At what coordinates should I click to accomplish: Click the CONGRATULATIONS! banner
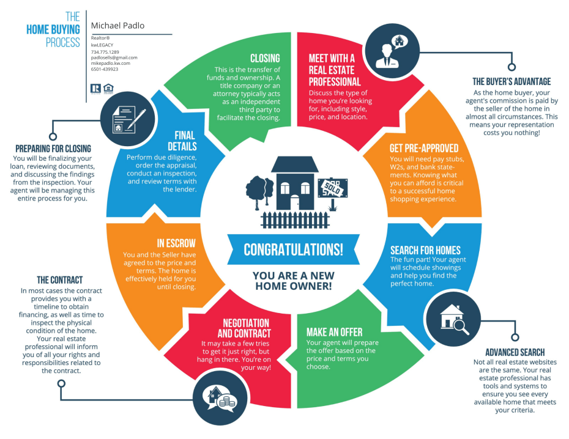click(293, 249)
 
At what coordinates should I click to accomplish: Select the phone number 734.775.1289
click(105, 52)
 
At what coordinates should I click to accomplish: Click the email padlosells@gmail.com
click(114, 57)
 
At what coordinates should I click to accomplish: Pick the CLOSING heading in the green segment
click(265, 58)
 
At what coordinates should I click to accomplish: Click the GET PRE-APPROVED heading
click(423, 149)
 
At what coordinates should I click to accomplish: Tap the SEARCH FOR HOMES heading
click(425, 250)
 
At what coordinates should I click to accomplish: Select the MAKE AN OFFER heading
click(334, 332)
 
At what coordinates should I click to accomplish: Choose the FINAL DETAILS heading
click(182, 141)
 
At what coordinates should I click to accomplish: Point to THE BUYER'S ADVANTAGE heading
click(511, 81)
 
